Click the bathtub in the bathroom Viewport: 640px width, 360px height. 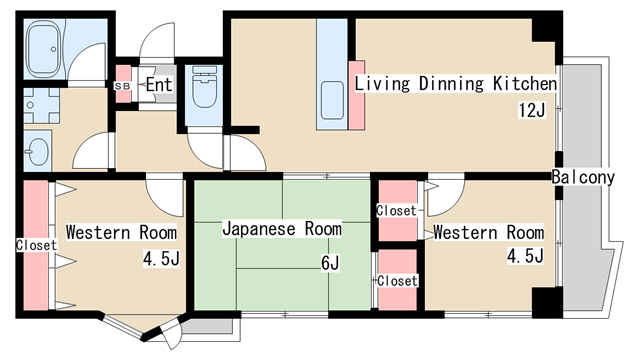pyautogui.click(x=45, y=49)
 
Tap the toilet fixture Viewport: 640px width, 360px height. pyautogui.click(x=204, y=87)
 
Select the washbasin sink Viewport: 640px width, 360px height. pyautogui.click(x=38, y=151)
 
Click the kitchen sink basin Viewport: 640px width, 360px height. pyautogui.click(x=332, y=100)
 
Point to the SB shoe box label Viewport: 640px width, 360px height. pyautogui.click(x=122, y=86)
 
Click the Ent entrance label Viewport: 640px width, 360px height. pyautogui.click(x=159, y=84)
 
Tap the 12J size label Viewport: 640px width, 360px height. pyautogui.click(x=532, y=110)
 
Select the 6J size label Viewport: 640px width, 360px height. pyautogui.click(x=330, y=263)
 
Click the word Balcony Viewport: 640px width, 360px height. pyautogui.click(x=583, y=177)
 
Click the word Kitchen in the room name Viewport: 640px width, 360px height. pyautogui.click(x=525, y=84)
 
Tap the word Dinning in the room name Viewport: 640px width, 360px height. pyautogui.click(x=451, y=84)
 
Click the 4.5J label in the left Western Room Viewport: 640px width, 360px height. pyautogui.click(x=161, y=258)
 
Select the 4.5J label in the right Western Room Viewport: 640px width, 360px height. pyautogui.click(x=525, y=256)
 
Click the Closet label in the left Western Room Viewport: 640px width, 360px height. pyautogui.click(x=36, y=245)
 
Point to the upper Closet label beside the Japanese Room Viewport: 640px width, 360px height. pyautogui.click(x=396, y=211)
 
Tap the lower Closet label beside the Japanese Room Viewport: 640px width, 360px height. pyautogui.click(x=398, y=281)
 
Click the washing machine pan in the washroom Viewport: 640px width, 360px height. pyautogui.click(x=41, y=105)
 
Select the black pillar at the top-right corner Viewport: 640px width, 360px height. pyautogui.click(x=544, y=30)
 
